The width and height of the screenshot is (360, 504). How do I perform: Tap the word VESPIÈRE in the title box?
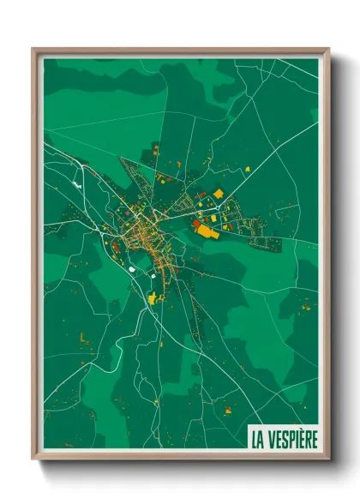point(291,440)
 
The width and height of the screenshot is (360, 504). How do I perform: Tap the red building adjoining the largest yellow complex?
point(196,223)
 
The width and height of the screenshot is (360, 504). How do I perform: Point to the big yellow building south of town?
point(153,298)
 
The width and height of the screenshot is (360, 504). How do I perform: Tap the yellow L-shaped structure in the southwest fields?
point(84,338)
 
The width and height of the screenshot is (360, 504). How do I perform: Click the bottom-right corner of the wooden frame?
point(328,459)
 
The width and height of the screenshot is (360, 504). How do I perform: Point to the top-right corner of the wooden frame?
point(328,50)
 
